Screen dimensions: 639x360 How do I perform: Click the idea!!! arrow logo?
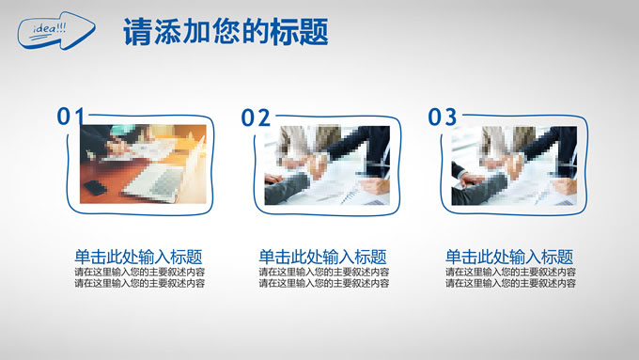(56, 31)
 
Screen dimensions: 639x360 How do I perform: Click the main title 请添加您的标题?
(226, 31)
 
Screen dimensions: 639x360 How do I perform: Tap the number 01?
(70, 117)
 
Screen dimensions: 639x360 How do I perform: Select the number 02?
(256, 117)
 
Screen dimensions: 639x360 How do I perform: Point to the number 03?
(443, 117)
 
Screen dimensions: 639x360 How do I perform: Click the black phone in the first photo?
(95, 188)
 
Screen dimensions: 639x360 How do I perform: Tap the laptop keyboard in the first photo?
(158, 181)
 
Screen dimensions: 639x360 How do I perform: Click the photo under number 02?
(327, 165)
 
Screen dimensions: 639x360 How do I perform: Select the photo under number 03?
(514, 165)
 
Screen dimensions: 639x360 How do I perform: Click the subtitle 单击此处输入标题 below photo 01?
(138, 258)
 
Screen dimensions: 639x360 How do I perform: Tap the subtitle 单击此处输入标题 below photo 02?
(322, 258)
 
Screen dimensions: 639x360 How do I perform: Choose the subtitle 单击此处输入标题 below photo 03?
(509, 258)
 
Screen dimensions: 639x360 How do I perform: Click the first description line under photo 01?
(140, 272)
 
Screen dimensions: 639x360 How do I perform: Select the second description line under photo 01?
(140, 283)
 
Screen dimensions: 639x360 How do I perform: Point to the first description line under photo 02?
(324, 272)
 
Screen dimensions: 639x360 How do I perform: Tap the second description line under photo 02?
(324, 283)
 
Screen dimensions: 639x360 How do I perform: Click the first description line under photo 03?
(510, 272)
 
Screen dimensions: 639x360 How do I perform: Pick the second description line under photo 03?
(510, 283)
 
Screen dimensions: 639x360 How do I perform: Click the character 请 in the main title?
(138, 31)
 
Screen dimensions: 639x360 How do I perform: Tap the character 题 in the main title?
(314, 31)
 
